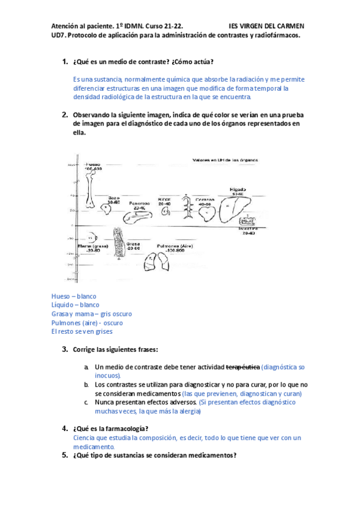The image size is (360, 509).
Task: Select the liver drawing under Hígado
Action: pyautogui.click(x=232, y=210)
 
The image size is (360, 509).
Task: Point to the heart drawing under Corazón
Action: pyautogui.click(x=205, y=215)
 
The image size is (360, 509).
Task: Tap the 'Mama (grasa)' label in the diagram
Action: pyautogui.click(x=92, y=245)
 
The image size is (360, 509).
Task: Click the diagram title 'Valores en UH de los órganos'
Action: pyautogui.click(x=225, y=160)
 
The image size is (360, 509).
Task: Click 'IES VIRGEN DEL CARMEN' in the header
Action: pyautogui.click(x=266, y=26)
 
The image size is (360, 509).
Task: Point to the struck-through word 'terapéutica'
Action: pyautogui.click(x=243, y=367)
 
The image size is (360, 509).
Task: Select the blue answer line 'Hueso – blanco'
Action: pyautogui.click(x=74, y=297)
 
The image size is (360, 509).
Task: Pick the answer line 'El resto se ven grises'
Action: pyautogui.click(x=82, y=331)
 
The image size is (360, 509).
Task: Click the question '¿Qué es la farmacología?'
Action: pyautogui.click(x=110, y=429)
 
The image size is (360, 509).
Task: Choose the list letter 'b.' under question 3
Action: pyautogui.click(x=87, y=384)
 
